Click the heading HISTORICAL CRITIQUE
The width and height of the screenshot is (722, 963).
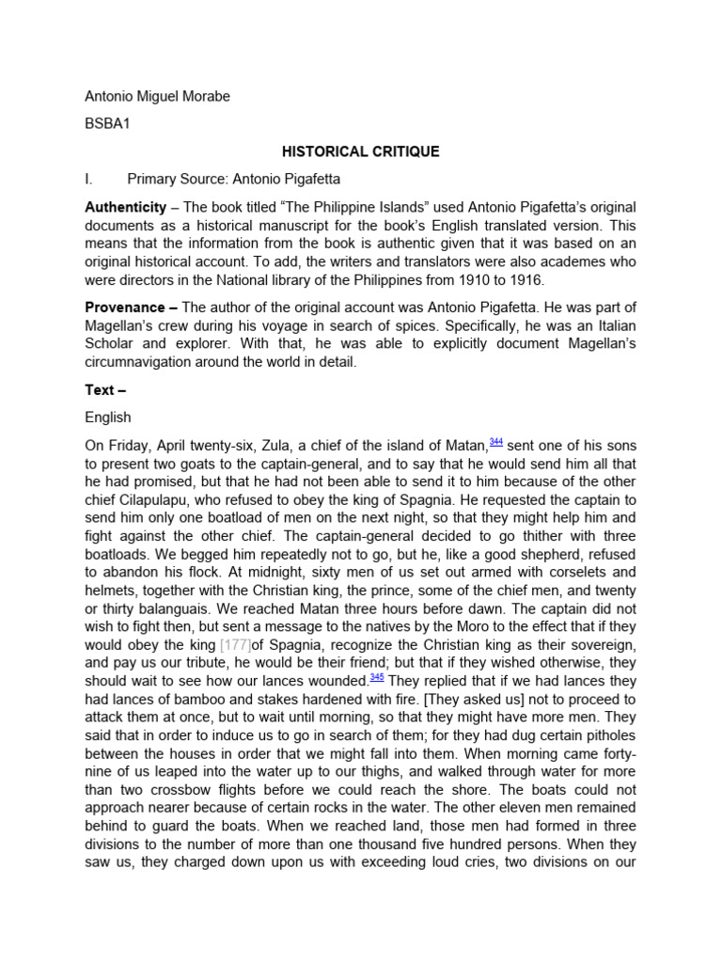[x=362, y=151]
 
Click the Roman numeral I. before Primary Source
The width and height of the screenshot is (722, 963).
[x=90, y=178]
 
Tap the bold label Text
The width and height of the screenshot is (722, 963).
[x=100, y=389]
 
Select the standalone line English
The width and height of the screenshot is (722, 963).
[x=108, y=418]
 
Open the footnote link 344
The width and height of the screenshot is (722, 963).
[x=496, y=442]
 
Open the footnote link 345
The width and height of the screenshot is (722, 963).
[x=376, y=677]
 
